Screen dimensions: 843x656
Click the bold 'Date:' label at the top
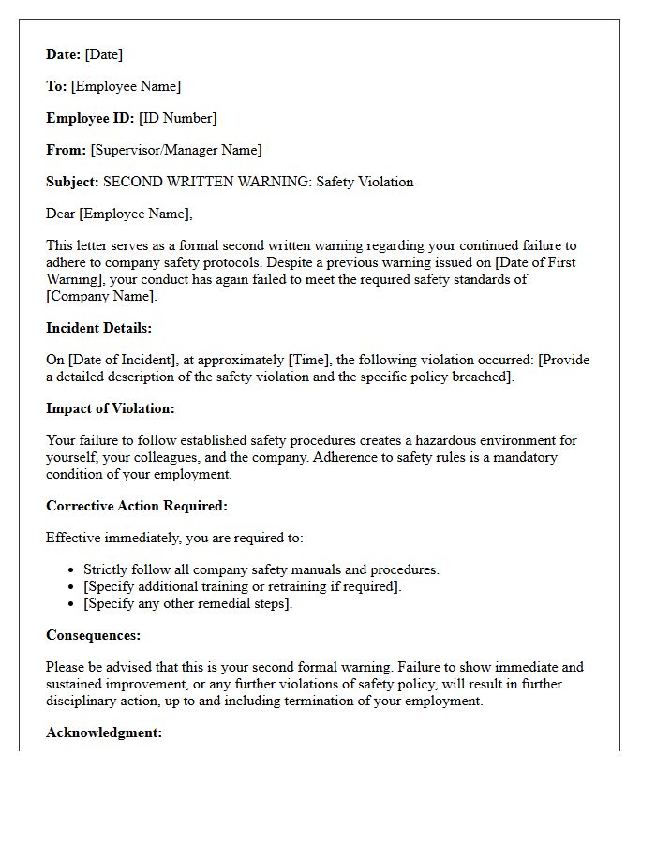pos(64,54)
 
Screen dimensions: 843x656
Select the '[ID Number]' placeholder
pos(178,118)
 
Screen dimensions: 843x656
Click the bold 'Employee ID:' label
pos(91,118)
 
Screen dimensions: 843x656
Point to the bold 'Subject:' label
pos(72,182)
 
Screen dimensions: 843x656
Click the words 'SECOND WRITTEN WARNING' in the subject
pos(206,182)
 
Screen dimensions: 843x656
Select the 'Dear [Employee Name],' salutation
pos(119,214)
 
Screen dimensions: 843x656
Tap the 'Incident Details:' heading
pos(98,328)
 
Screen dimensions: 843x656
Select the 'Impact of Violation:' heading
pos(110,408)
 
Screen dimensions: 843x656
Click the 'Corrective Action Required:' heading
pos(137,506)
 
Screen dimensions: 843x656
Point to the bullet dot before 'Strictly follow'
pos(73,569)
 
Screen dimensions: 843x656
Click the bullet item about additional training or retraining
pos(243,586)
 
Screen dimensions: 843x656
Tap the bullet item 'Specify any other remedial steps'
pos(188,603)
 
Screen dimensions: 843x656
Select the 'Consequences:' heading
pos(93,635)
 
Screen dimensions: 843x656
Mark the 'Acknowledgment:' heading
pos(104,732)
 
